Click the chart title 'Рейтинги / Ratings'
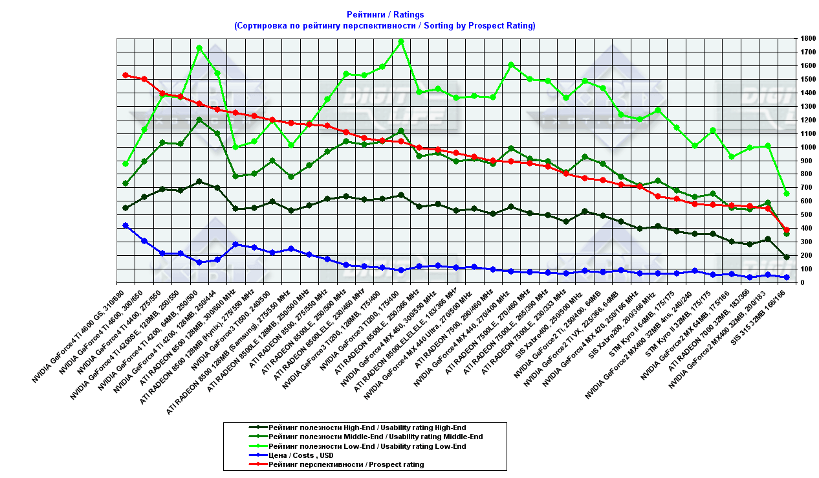pos(385,14)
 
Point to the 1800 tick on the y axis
pos(807,39)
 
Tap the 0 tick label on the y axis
pos(802,282)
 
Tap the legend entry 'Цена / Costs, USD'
pos(302,455)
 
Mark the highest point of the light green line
pos(401,41)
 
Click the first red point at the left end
pos(126,75)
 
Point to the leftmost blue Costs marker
pos(126,225)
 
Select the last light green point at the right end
pos(787,194)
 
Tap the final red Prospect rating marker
pos(787,230)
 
